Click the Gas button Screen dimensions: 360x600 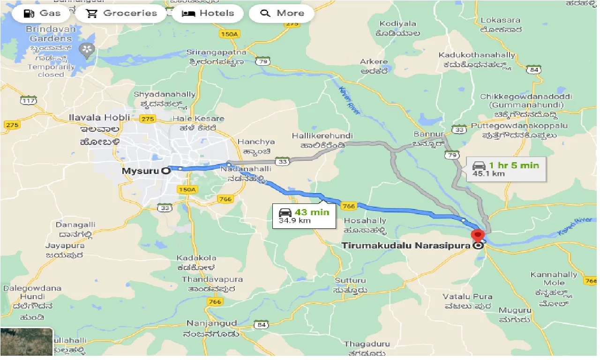(42, 13)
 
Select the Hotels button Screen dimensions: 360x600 (208, 13)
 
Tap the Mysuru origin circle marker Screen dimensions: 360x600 (165, 171)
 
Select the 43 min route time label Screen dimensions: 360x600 (312, 212)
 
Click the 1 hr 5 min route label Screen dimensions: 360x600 (513, 165)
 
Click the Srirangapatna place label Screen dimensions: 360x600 (216, 52)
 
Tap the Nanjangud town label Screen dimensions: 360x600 (211, 323)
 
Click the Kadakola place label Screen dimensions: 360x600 (196, 258)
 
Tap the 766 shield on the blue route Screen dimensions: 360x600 (349, 206)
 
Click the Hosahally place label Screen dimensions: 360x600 (365, 221)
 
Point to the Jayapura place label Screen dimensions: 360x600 (65, 246)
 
